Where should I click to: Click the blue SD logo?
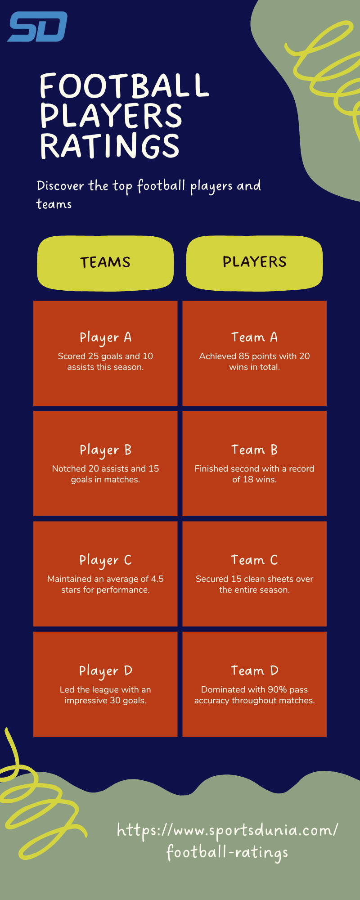click(38, 27)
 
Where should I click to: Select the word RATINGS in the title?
click(110, 145)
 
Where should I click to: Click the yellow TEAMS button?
click(105, 263)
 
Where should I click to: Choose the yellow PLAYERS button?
click(255, 262)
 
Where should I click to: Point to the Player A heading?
click(105, 337)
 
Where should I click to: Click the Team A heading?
click(254, 337)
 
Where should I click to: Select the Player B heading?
click(105, 450)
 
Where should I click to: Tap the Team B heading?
click(254, 450)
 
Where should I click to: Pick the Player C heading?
click(105, 560)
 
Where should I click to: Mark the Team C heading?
click(254, 560)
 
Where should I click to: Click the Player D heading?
click(105, 671)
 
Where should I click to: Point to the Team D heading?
click(254, 670)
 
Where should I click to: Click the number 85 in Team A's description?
click(244, 356)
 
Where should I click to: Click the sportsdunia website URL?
click(227, 841)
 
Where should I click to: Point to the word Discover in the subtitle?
click(60, 185)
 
